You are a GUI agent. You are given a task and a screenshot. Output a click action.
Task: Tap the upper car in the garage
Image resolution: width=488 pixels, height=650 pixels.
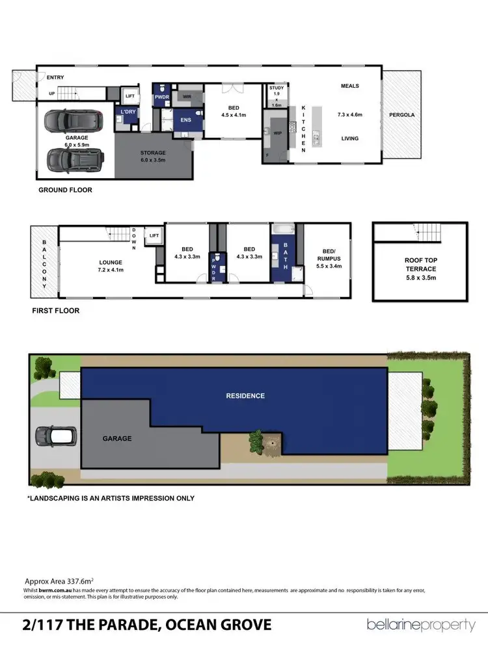(x=72, y=120)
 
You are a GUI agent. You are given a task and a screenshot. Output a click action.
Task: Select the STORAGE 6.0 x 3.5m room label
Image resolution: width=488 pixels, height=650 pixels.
(x=154, y=156)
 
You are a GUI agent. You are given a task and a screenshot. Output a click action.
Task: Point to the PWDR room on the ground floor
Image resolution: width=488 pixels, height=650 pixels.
(x=161, y=97)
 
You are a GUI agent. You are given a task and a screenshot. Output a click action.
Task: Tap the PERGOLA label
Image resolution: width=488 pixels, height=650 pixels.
(x=401, y=115)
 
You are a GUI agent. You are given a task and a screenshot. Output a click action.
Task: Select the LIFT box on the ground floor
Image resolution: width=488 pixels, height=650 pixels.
(x=129, y=96)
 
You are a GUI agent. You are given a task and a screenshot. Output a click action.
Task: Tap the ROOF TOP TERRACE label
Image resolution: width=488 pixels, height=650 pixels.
(x=420, y=269)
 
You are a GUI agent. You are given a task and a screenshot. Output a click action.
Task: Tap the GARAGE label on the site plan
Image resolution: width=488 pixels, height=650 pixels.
(x=117, y=439)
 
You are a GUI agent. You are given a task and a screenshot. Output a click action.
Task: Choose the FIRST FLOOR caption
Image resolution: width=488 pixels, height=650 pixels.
(x=56, y=311)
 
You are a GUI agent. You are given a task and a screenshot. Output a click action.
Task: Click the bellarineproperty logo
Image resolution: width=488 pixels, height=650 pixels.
(x=421, y=625)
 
